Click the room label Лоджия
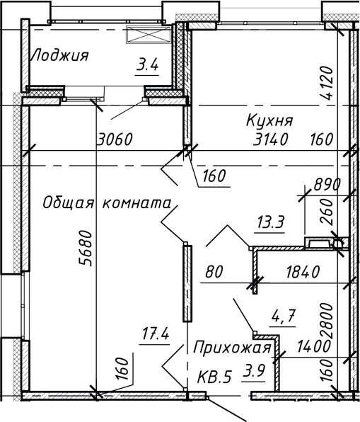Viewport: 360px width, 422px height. click(x=59, y=55)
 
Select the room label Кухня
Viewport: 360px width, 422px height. click(x=269, y=120)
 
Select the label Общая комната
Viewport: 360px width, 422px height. click(x=108, y=203)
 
